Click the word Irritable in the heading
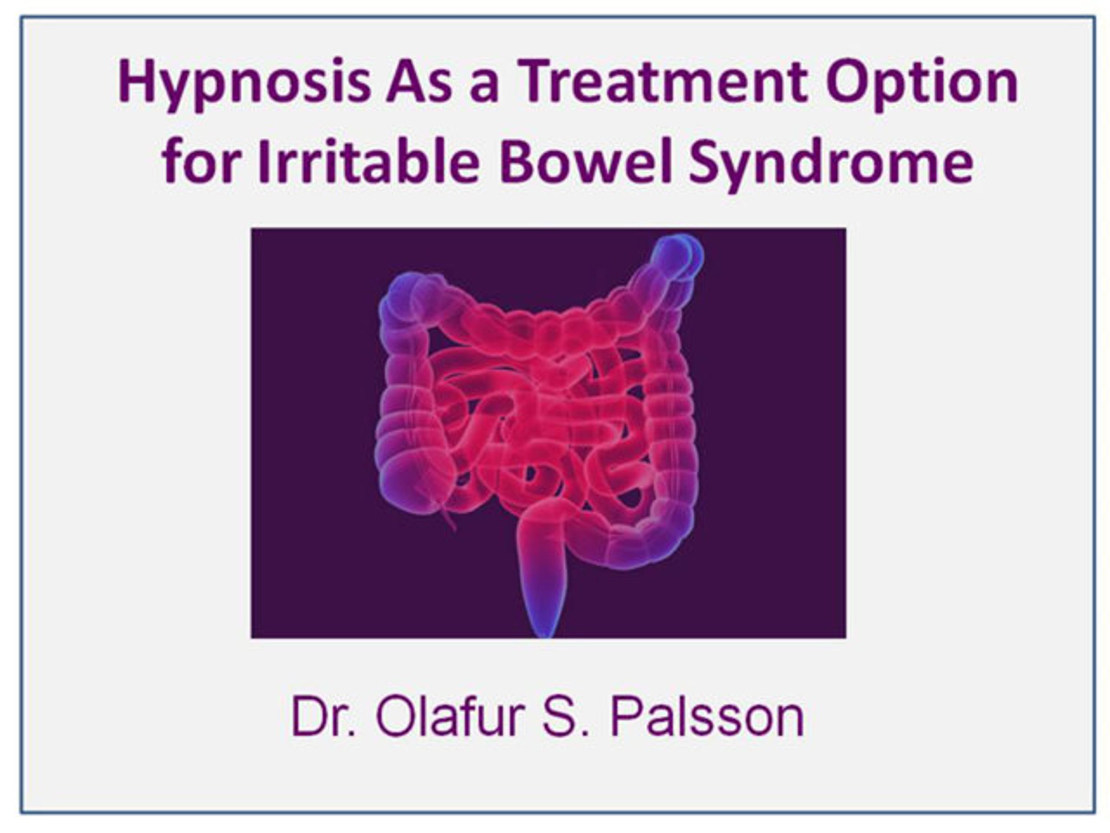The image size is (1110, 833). (x=369, y=160)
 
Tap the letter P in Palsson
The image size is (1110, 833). (x=626, y=716)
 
